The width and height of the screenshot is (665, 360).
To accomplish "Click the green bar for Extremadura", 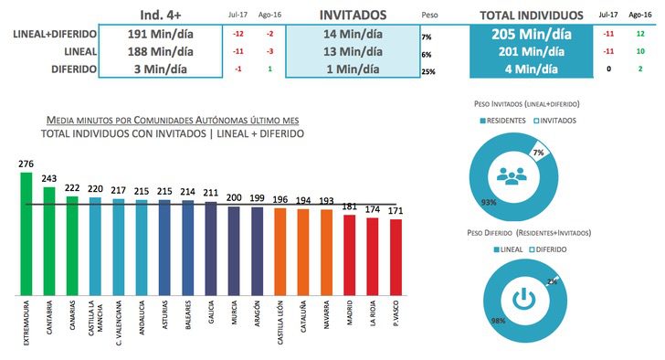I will pos(26,233).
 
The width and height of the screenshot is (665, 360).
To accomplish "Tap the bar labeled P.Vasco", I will pos(396,257).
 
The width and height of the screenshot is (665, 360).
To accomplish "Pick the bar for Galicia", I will pos(210,248).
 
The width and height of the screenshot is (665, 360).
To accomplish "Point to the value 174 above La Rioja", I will pos(372,209).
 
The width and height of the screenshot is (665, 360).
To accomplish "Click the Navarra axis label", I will pos(326,315).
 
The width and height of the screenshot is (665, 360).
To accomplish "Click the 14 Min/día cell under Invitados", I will pos(350,34).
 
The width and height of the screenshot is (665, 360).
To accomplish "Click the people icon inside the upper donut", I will pos(512,175).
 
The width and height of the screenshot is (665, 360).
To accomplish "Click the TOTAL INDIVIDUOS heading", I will pos(531,16).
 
